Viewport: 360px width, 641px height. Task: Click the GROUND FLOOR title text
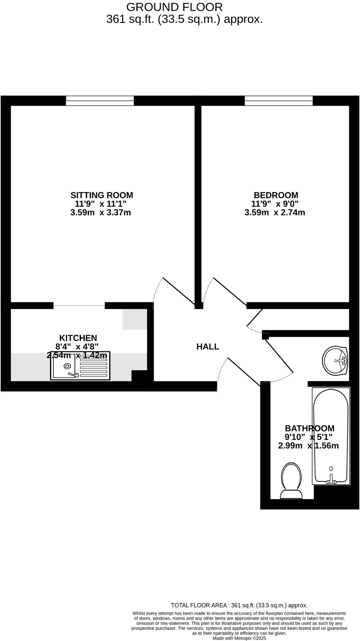(x=174, y=7)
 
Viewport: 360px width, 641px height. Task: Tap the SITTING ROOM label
(x=102, y=195)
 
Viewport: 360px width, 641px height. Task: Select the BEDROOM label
(x=276, y=195)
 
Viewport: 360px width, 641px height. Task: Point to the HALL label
(x=208, y=347)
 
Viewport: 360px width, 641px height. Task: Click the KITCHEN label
(x=78, y=338)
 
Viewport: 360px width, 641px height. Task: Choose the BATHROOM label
(x=310, y=428)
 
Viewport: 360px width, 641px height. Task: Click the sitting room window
(x=100, y=101)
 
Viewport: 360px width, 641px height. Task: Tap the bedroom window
(x=279, y=101)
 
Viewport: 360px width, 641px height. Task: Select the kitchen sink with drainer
(x=80, y=366)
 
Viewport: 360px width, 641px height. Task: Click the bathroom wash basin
(x=335, y=361)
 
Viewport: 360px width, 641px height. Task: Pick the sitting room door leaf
(x=179, y=291)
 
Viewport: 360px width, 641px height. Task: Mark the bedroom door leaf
(x=230, y=291)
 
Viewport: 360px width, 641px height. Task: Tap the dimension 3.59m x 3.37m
(x=101, y=213)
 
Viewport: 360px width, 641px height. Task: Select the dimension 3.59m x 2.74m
(x=275, y=213)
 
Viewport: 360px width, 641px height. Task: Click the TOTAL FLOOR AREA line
(x=239, y=605)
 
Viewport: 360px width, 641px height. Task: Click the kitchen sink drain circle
(x=67, y=366)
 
